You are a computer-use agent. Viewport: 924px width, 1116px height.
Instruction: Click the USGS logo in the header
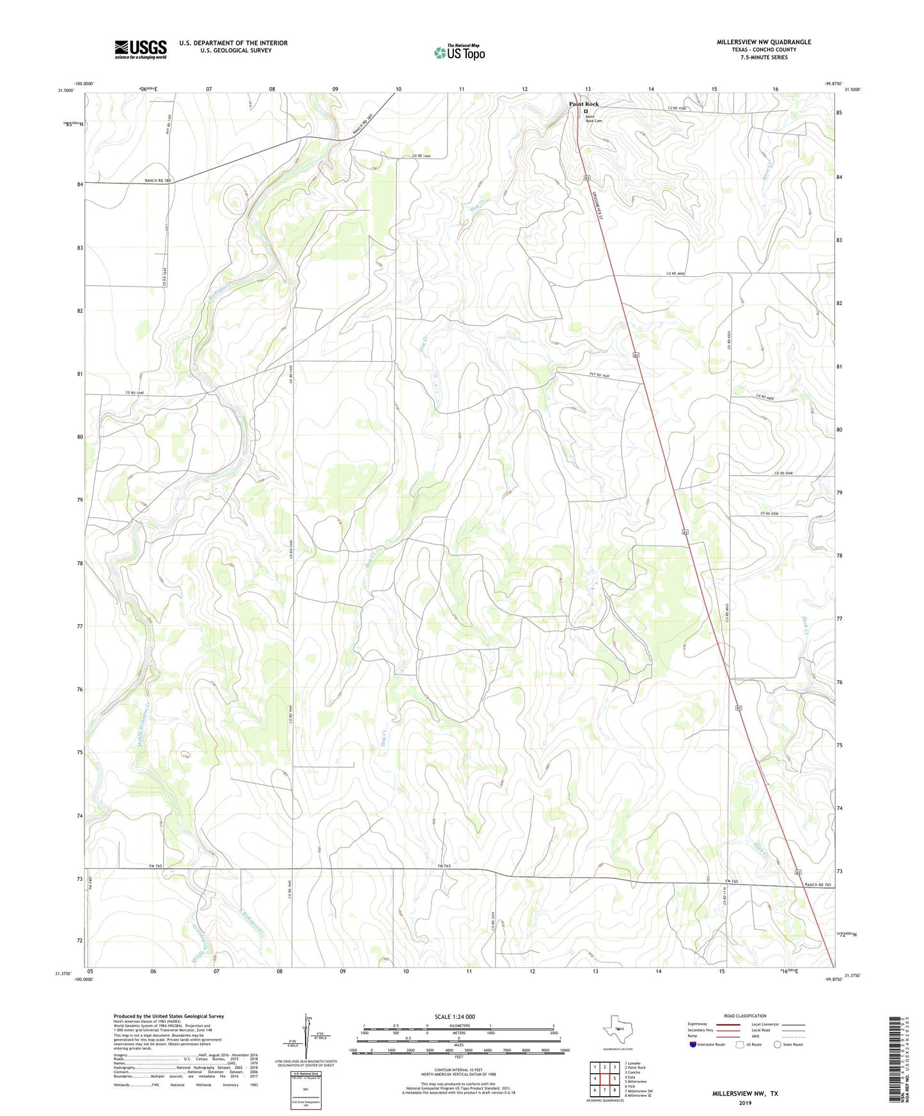pos(141,49)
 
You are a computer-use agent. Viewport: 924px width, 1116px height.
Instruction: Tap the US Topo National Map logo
pos(458,52)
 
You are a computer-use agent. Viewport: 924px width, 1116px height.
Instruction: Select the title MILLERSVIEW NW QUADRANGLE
pos(763,42)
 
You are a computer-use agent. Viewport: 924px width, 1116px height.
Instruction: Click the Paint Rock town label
pos(584,104)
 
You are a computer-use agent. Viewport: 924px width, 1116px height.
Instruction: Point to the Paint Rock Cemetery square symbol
pos(585,111)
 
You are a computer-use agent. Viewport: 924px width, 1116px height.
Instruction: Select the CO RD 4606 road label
pos(675,274)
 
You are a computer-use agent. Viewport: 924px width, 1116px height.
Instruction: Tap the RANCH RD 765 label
pos(818,885)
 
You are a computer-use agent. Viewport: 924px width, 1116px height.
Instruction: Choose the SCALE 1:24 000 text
pos(455,1017)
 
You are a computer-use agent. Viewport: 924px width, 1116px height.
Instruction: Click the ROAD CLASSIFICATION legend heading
pos(745,1016)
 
